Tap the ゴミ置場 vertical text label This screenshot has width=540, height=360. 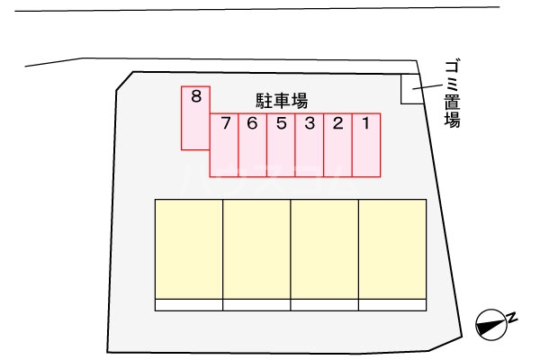(452, 93)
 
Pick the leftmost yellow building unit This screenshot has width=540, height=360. (189, 248)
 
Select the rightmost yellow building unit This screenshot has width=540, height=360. (392, 248)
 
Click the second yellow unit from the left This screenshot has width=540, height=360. (256, 248)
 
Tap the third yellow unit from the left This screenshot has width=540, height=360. (325, 248)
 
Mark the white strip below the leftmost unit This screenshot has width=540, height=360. (189, 305)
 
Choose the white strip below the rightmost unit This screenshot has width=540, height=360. (392, 305)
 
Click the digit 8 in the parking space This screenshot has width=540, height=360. (195, 94)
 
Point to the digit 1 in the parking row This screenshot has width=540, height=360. (365, 123)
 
